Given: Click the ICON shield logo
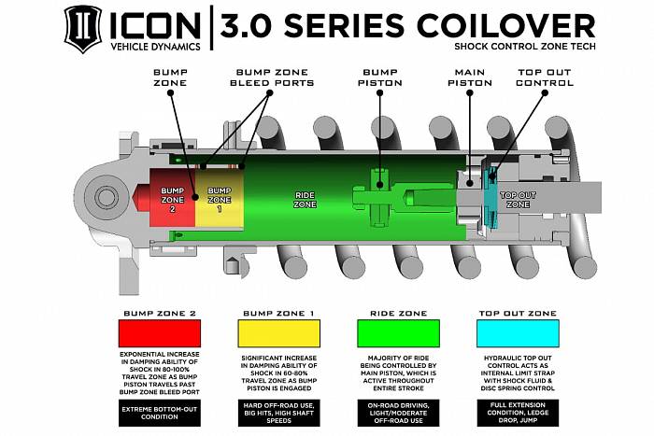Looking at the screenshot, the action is coord(83,29).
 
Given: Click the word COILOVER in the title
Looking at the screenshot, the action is coord(505,26).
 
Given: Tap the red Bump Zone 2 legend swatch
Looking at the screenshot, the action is coord(160,333).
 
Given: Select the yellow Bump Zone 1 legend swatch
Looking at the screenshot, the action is coord(279,333).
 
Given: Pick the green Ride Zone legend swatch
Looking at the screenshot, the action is coord(398,333).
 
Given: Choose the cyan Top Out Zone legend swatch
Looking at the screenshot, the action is coord(518,333).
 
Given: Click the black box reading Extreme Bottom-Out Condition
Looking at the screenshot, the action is coord(160,413).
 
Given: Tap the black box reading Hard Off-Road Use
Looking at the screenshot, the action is coord(279,413).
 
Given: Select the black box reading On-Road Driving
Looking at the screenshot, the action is coord(398,413).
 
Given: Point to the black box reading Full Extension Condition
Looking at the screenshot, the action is coord(518,413).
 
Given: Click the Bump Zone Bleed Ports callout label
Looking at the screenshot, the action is coord(272,77).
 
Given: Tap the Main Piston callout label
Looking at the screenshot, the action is coord(470,77).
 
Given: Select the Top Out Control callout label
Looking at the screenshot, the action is coord(545,77).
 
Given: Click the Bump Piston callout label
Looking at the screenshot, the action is coord(380,77).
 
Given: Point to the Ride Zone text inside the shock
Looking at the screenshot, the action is coord(305,200).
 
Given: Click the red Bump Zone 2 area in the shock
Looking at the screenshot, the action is coord(172,198).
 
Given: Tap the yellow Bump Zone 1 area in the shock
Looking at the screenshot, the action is coord(220,198).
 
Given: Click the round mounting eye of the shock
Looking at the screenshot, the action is coord(105,197).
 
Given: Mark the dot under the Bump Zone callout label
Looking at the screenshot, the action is coord(171,92).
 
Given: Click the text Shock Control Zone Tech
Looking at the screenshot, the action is coord(525,47).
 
